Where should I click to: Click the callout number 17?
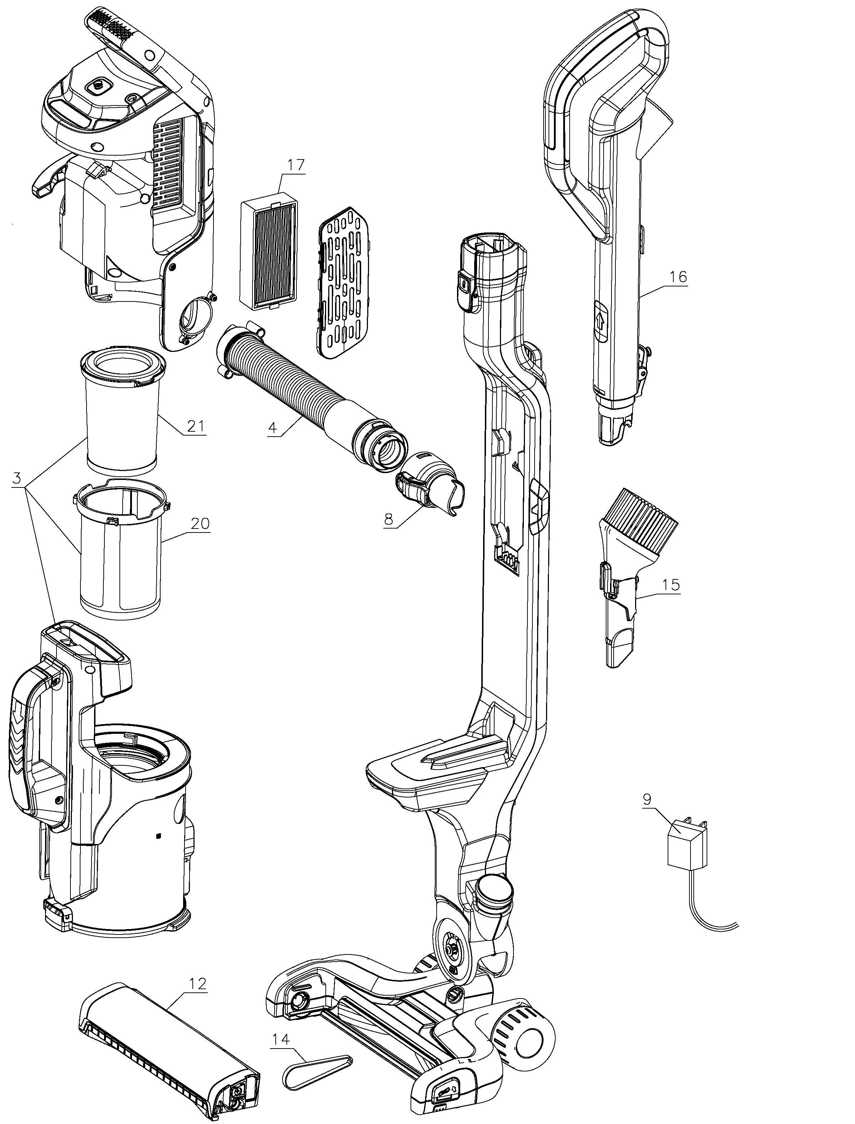tap(296, 165)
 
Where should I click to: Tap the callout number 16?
tap(678, 277)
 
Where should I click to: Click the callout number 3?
tap(17, 478)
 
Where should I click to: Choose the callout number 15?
tap(671, 585)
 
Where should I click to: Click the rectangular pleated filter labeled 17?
tap(269, 255)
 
